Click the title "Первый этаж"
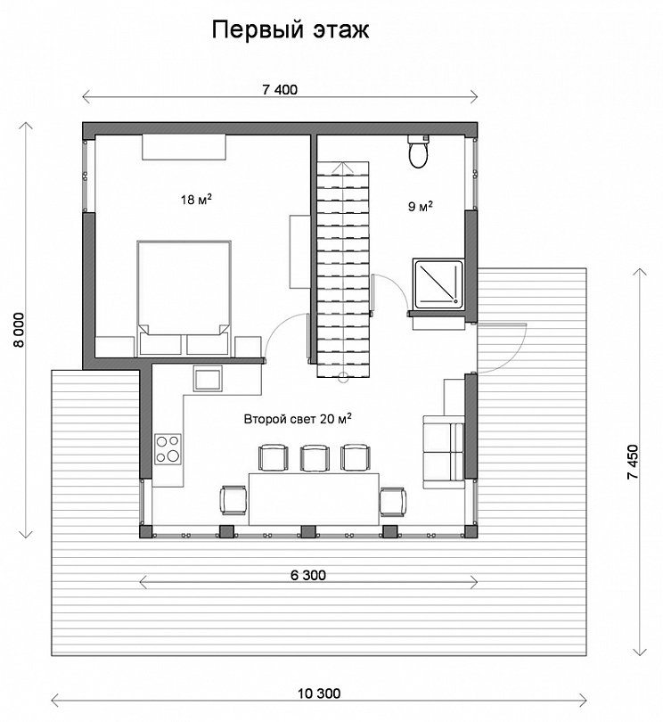291,30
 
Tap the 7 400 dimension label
280,89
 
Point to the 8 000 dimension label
19,330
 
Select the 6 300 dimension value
308,575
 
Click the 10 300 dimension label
319,693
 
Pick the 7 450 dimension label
633,462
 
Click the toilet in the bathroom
419,152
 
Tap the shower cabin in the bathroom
438,283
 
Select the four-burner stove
168,449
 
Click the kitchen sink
208,379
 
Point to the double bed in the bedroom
184,298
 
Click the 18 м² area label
196,200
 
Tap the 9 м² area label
421,206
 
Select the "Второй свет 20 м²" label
298,419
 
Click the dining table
314,498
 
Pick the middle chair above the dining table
315,457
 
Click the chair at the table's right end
393,502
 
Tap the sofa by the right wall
444,451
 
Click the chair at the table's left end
234,500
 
